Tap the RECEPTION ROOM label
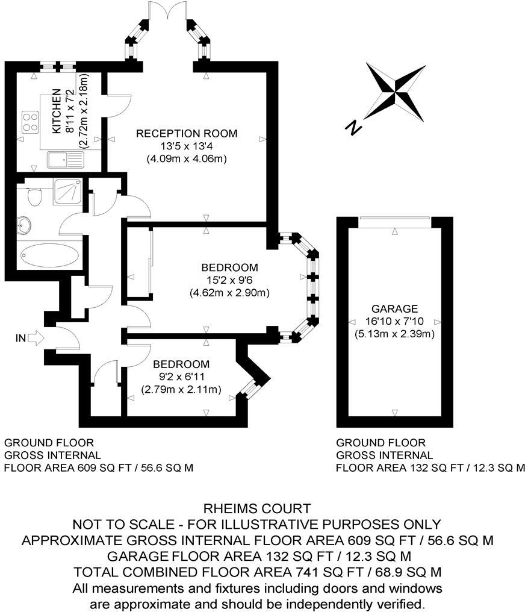click(186, 133)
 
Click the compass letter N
click(353, 126)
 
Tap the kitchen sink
click(65, 160)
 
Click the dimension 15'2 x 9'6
click(229, 280)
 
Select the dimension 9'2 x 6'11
click(181, 377)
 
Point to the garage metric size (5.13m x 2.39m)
click(394, 333)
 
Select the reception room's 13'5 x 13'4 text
click(186, 146)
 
